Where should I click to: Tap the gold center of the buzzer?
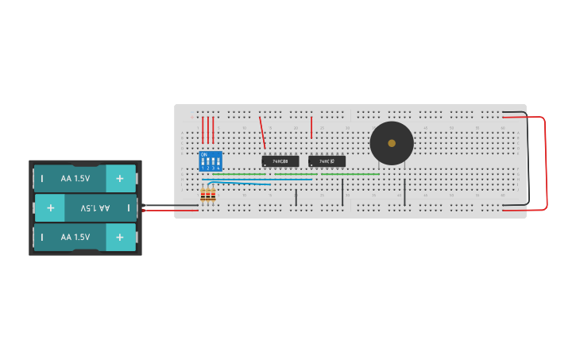tap(392, 143)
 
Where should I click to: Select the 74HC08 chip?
tap(280, 161)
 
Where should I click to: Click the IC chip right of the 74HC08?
tap(327, 161)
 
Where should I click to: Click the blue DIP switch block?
tap(211, 161)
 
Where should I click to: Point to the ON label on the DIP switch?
tap(204, 154)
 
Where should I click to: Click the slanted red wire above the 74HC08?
tap(262, 133)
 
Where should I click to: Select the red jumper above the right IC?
tap(311, 127)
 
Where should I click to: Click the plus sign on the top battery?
tap(120, 179)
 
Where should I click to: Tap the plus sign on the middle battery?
tap(50, 208)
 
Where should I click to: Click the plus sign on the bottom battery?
tap(120, 237)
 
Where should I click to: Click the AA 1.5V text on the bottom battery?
tap(75, 237)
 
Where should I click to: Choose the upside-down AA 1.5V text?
tap(95, 208)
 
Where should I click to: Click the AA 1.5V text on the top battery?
tap(75, 179)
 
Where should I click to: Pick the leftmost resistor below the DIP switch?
tap(203, 195)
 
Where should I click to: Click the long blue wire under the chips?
tap(262, 180)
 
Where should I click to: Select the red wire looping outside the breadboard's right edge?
tap(547, 163)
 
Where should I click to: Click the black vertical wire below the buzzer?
tap(404, 192)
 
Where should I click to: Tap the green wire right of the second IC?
tap(350, 174)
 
